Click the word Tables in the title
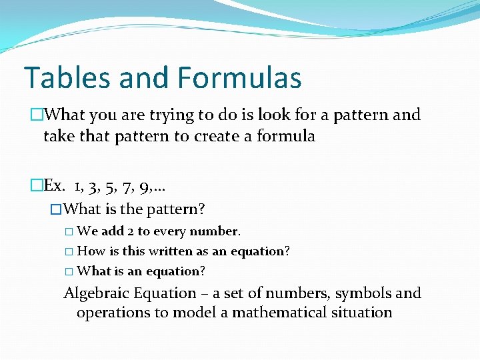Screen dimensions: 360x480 click(65, 77)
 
